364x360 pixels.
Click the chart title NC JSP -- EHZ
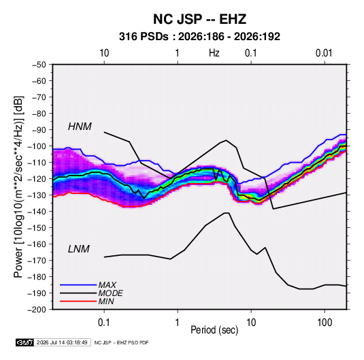click(199, 19)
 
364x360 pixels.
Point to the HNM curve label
click(80, 127)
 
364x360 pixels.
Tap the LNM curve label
click(79, 249)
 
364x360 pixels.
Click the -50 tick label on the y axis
click(39, 65)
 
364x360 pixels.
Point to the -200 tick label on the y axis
click(37, 310)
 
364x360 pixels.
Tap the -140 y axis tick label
click(37, 212)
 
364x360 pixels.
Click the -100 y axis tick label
click(37, 146)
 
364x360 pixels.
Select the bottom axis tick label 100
click(325, 323)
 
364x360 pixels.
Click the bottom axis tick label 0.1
click(104, 323)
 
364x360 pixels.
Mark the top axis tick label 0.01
click(324, 53)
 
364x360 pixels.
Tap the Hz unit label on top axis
click(214, 53)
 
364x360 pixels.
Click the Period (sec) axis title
click(214, 330)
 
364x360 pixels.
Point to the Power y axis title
click(18, 187)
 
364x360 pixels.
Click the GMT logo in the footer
click(24, 342)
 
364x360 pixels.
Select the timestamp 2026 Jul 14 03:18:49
click(62, 342)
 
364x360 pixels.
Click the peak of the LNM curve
click(227, 213)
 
